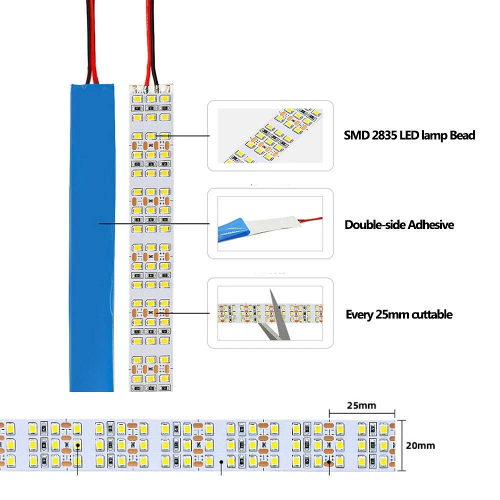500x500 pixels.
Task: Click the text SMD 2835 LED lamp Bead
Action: click(x=409, y=135)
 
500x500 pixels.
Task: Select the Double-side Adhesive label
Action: click(x=399, y=224)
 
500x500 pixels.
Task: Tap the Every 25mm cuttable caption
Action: click(x=399, y=314)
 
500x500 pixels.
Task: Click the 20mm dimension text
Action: click(x=420, y=445)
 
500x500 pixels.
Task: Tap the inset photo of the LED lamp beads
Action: click(x=270, y=135)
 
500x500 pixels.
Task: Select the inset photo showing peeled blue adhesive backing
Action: click(x=270, y=223)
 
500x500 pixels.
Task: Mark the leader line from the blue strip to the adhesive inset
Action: click(x=155, y=223)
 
